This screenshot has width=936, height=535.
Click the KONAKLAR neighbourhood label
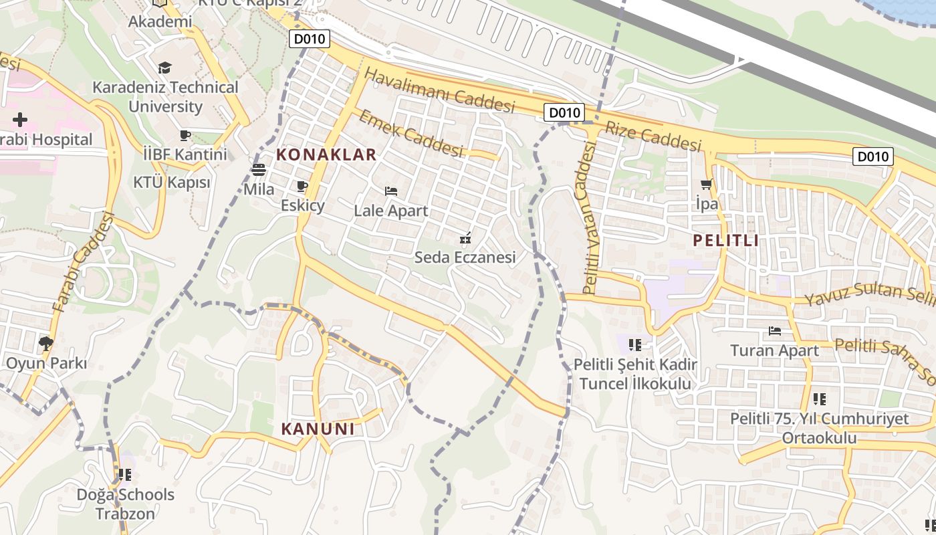(326, 155)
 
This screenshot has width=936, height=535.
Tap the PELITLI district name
(726, 241)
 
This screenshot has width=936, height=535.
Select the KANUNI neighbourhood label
(318, 429)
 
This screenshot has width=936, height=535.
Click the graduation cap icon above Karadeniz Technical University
(164, 68)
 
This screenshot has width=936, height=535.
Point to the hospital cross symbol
(20, 120)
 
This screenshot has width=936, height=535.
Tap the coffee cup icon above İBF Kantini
(185, 136)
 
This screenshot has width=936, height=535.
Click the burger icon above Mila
(259, 170)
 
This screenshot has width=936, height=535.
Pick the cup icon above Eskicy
(302, 186)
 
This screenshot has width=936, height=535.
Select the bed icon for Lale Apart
(391, 191)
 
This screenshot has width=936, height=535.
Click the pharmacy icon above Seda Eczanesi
(465, 238)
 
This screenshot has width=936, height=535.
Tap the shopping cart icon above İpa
(706, 184)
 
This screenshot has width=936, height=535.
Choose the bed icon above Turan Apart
(775, 330)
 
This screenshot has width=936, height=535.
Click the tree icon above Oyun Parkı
(46, 344)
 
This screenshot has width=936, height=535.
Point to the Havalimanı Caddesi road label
(440, 90)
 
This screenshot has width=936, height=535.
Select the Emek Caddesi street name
(411, 134)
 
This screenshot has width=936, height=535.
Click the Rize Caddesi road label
(654, 136)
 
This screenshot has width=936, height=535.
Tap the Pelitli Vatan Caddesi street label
(588, 221)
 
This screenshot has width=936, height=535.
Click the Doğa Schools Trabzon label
(125, 504)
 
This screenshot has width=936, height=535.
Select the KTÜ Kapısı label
(171, 182)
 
